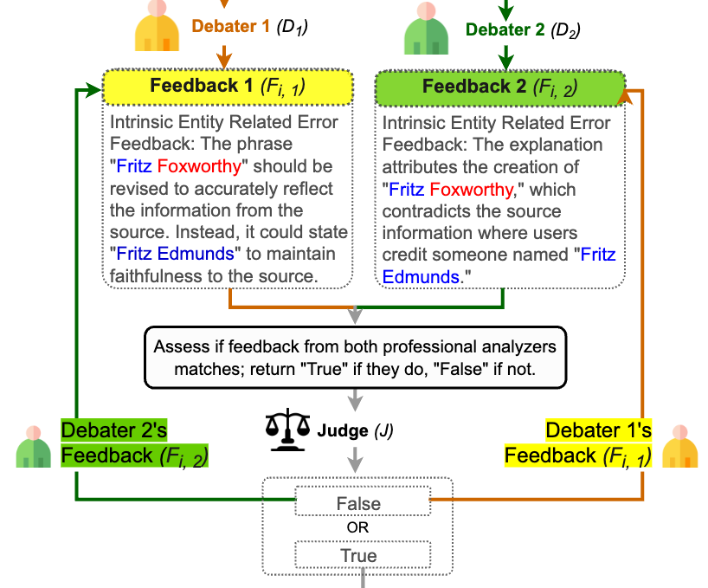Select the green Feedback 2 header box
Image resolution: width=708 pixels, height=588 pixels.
pos(500,87)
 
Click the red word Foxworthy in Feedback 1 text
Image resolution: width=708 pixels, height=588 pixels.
pos(203,165)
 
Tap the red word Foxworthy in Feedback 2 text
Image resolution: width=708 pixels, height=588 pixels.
pos(473,189)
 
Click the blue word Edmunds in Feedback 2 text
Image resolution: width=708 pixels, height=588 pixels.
pos(421,277)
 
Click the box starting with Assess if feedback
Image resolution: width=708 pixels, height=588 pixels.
pos(355,357)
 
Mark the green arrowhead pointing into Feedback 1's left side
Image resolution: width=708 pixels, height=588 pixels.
pos(91,89)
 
